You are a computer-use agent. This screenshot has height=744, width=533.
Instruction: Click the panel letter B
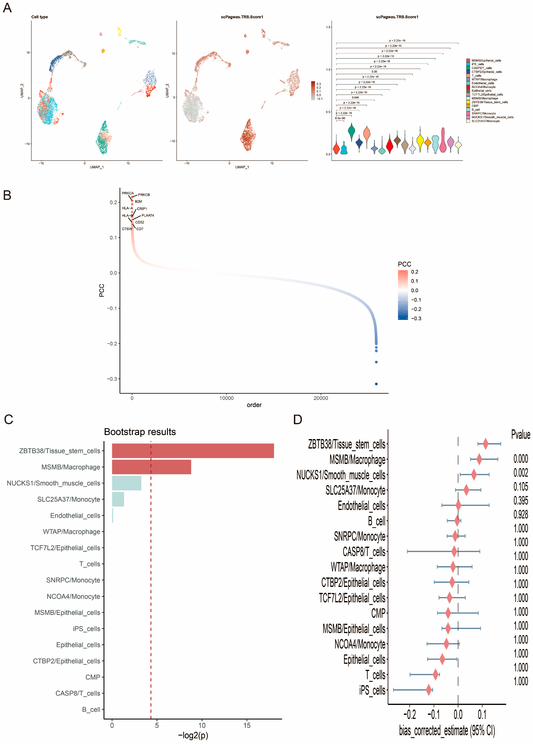(7, 195)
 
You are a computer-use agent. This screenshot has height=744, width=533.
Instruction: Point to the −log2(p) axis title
(193, 736)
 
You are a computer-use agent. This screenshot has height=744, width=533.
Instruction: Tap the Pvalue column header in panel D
(521, 435)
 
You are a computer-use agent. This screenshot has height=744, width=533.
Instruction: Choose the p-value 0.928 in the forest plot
(521, 514)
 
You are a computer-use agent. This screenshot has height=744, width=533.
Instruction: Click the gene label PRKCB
(144, 195)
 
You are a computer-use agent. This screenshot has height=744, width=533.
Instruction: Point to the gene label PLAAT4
(148, 215)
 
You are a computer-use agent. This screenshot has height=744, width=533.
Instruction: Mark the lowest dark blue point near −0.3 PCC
(376, 384)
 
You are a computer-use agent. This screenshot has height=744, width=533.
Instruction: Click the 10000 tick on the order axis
(226, 398)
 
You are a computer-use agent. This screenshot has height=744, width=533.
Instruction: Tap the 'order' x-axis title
(254, 405)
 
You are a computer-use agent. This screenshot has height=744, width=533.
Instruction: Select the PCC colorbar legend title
(404, 264)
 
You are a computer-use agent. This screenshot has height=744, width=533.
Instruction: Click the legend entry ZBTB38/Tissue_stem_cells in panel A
(489, 102)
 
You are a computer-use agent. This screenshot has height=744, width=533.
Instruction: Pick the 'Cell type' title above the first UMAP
(40, 17)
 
